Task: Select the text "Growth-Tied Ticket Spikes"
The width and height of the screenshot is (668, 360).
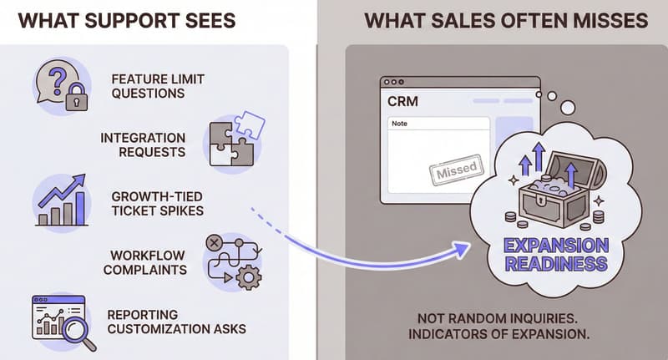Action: (x=157, y=203)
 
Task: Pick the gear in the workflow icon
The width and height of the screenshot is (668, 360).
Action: (x=248, y=277)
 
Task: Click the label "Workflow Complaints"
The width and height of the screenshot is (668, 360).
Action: (x=148, y=262)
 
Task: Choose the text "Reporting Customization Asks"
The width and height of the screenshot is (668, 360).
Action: (x=176, y=322)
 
